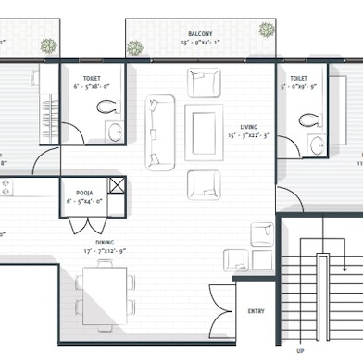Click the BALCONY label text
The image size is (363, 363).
(201, 32)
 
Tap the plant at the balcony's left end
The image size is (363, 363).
(136, 48)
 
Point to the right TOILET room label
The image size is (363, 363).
(298, 79)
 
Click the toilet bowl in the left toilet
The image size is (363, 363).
(113, 106)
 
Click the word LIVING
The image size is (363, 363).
(248, 127)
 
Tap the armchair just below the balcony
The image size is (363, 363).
(203, 84)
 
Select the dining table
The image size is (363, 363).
(104, 289)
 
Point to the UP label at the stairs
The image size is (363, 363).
(300, 351)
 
